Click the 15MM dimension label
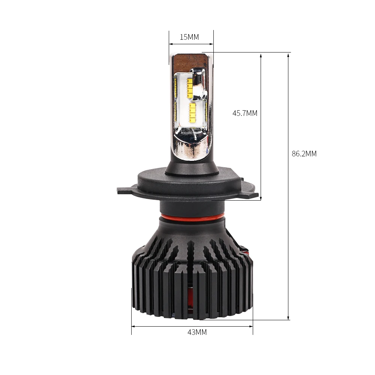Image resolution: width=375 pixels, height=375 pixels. (x=189, y=37)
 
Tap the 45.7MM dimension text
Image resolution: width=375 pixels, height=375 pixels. (x=245, y=113)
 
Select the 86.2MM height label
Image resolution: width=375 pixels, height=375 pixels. (x=304, y=154)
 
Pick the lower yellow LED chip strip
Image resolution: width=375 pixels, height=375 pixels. (x=193, y=112)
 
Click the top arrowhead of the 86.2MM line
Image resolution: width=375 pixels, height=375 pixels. (x=288, y=55)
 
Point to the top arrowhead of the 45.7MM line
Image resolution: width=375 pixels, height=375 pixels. (x=261, y=55)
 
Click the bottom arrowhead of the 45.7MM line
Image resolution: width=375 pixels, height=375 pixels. (x=261, y=197)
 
